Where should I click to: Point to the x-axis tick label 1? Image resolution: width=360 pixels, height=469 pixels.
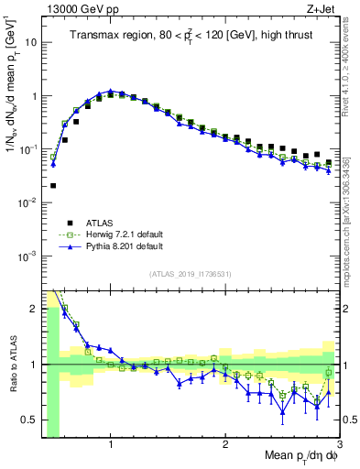[x=111, y=445]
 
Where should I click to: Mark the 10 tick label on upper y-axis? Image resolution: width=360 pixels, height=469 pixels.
[x=31, y=42]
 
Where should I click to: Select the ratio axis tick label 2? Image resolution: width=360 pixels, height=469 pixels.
[x=33, y=309]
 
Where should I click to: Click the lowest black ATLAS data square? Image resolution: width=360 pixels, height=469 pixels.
[x=53, y=185]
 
